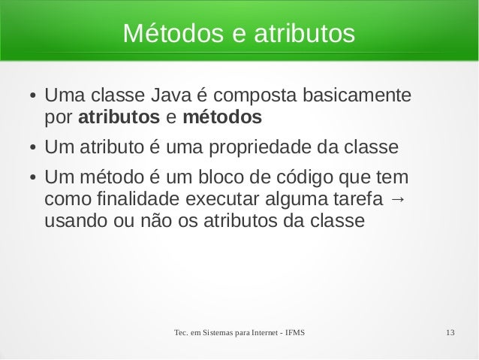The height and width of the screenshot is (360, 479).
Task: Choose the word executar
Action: point(222,201)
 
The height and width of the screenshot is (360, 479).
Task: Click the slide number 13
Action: point(451,332)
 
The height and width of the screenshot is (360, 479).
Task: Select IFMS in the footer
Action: point(300,332)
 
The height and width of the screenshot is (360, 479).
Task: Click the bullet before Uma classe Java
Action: point(24,98)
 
